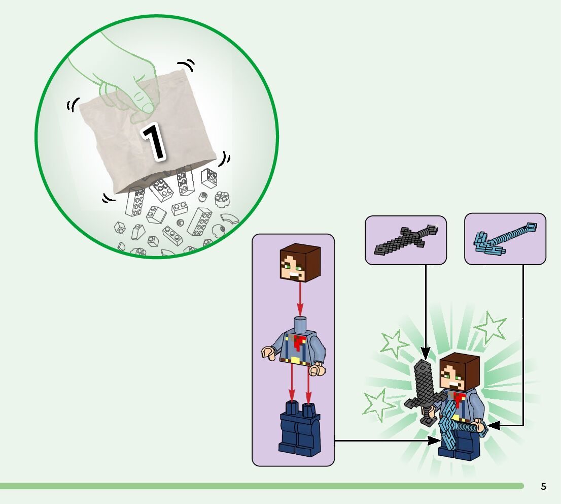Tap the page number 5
(x=543, y=486)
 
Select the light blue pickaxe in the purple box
(x=504, y=238)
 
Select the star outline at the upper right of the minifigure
(x=491, y=327)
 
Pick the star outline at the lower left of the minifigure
(x=378, y=405)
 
